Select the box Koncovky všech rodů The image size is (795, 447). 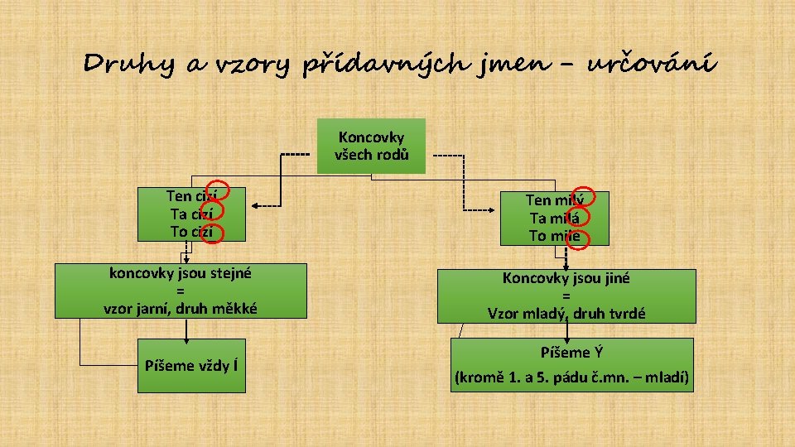coord(371,146)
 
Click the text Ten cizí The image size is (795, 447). coord(191,196)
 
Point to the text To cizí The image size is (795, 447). coord(191,232)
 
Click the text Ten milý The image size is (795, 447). coord(555,199)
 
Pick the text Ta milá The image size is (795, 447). coord(555,218)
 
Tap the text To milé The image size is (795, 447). coord(555,236)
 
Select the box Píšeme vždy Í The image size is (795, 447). coord(191,365)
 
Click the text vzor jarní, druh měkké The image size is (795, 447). coord(180,308)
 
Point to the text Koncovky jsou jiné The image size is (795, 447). coord(566,278)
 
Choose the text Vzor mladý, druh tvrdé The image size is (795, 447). coord(566,313)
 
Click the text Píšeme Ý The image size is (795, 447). coord(566,353)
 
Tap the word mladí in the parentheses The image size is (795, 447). coord(668,380)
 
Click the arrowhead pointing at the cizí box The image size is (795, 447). coord(256,205)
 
